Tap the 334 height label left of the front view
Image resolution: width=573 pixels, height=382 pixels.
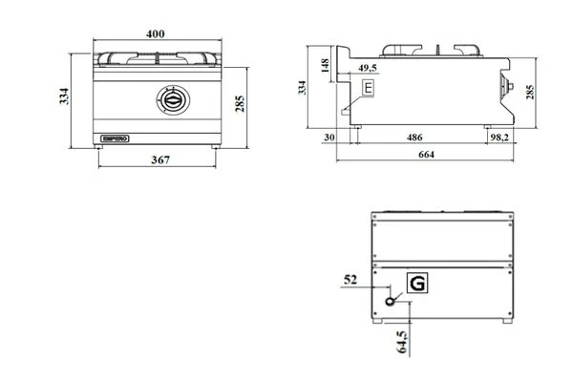(x=64, y=95)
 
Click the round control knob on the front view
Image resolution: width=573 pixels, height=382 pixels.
(x=169, y=98)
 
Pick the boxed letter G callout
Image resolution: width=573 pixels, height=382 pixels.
(x=417, y=283)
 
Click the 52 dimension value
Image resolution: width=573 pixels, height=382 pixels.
(x=350, y=281)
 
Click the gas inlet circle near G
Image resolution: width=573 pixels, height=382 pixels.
(x=392, y=301)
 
